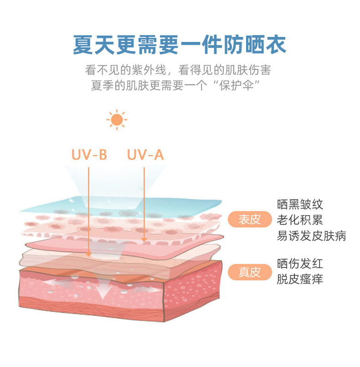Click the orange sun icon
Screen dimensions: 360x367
tap(117, 120)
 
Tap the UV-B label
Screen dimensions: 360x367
tap(89, 155)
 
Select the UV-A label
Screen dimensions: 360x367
tap(145, 155)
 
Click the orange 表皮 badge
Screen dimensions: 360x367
tap(249, 220)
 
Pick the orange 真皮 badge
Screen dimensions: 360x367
tap(249, 272)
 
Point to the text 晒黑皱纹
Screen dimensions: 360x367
tap(300, 204)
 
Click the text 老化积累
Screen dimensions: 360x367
tap(300, 220)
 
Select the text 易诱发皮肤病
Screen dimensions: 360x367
tap(311, 236)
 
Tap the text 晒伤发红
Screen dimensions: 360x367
tap(300, 264)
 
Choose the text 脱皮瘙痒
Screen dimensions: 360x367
tap(300, 279)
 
